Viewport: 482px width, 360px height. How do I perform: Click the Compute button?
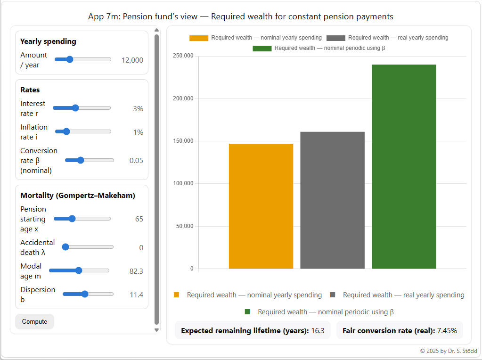coord(34,321)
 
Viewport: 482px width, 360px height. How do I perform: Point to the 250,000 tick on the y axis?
coord(183,56)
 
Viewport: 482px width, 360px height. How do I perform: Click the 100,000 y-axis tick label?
coord(183,184)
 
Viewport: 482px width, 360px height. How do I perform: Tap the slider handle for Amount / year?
coord(70,59)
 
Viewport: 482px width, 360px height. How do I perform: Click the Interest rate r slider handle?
coord(75,108)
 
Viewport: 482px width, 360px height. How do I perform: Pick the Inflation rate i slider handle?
coord(66,131)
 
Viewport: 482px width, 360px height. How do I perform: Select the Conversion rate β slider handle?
coord(81,160)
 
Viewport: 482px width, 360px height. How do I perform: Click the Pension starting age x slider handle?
coord(72,219)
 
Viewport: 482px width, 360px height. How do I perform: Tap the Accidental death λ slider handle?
coord(65,247)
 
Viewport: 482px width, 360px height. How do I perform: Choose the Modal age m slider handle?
coord(79,270)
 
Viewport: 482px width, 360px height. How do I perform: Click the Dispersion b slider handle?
coord(85,294)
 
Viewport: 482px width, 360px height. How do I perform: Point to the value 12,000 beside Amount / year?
coord(132,60)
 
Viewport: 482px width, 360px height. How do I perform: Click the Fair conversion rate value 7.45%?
coord(447,331)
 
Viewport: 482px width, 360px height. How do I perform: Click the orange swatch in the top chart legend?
coord(198,38)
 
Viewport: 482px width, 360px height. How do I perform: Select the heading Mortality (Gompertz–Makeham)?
coord(78,195)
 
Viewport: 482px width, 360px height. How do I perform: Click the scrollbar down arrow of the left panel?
coord(157,330)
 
